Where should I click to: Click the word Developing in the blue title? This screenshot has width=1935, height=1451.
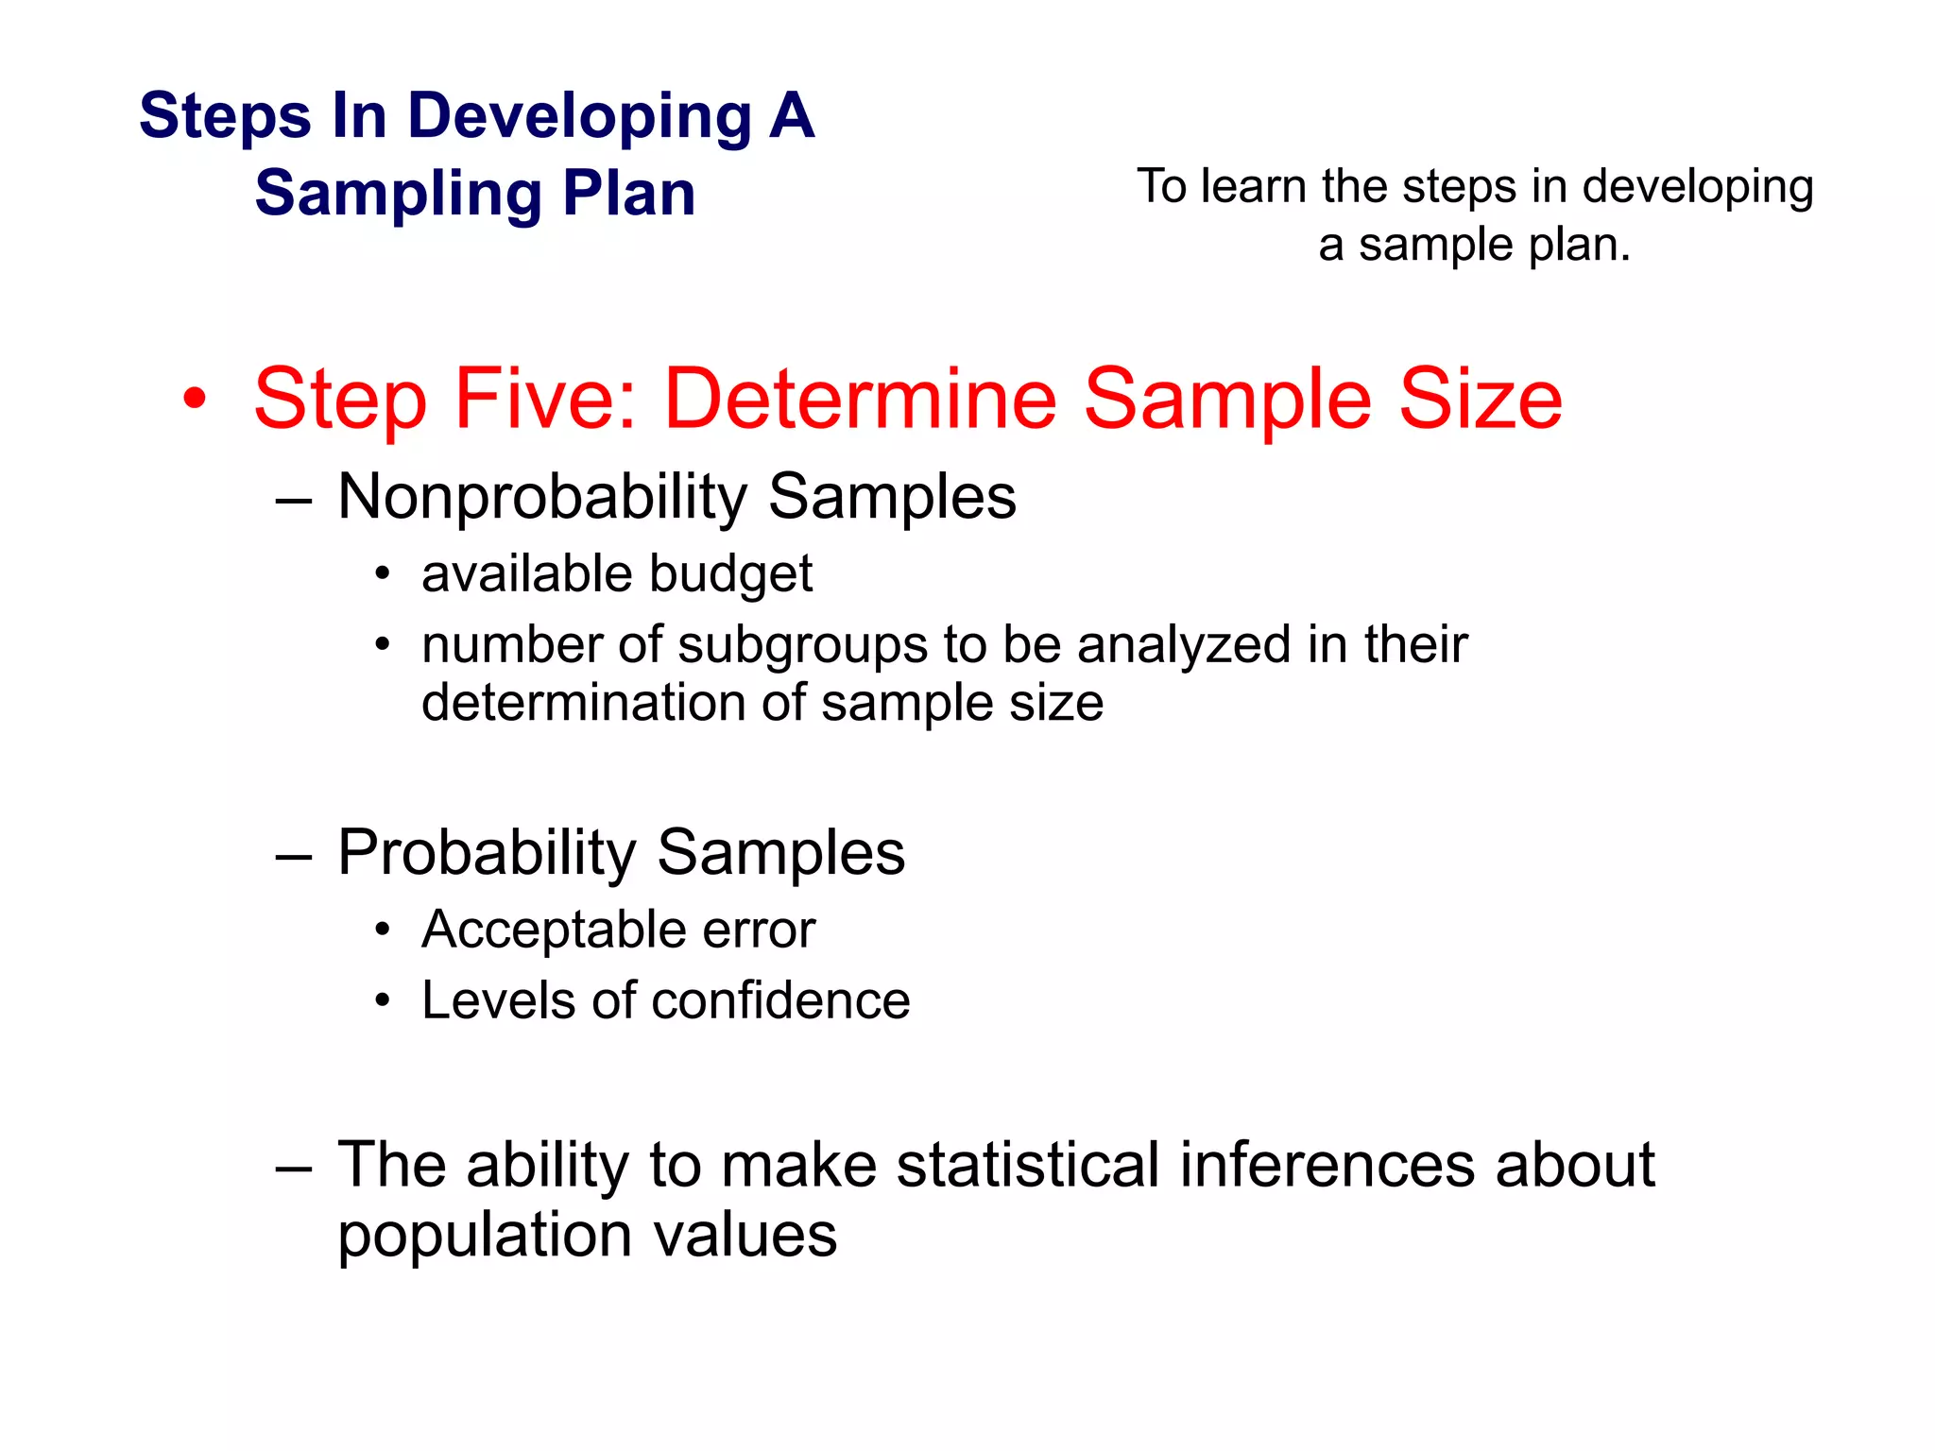[579, 117]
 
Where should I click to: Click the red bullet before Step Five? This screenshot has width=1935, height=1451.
[195, 400]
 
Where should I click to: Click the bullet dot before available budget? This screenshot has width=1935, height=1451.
[382, 574]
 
